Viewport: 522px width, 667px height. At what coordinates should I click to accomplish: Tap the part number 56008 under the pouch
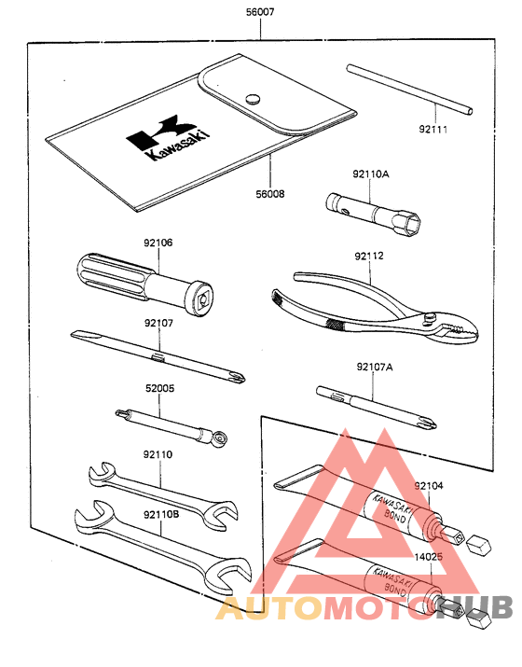point(269,195)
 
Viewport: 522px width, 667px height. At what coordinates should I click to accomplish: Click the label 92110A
point(370,174)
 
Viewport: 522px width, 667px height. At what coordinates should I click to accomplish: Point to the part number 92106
point(158,243)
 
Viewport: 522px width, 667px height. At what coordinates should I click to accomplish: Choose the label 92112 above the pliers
point(369,255)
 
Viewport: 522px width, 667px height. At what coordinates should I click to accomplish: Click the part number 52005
point(158,388)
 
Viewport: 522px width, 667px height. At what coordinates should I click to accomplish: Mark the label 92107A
point(374,368)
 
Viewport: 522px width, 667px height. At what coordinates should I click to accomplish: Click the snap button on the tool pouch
point(252,97)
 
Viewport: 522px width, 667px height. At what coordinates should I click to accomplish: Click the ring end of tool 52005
point(219,438)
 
